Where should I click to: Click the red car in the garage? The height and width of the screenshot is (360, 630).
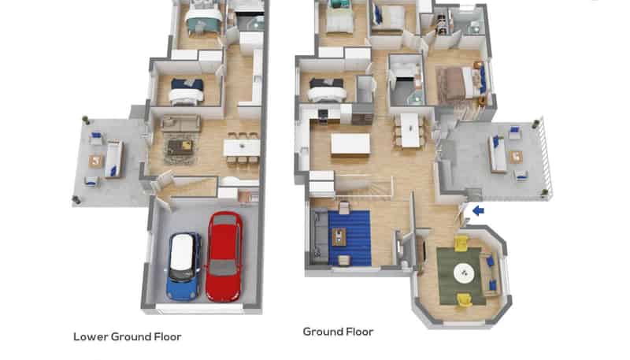[224, 256]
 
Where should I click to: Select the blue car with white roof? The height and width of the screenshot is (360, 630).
[184, 267]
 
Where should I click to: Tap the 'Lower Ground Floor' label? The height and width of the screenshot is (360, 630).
[128, 336]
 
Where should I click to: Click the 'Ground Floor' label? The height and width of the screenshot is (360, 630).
[339, 332]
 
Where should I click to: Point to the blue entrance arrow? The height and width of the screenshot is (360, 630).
[478, 210]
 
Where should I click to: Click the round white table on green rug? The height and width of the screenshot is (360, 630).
[464, 273]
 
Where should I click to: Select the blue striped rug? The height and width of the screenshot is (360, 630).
[349, 238]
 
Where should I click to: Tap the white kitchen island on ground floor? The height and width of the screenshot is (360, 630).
[350, 144]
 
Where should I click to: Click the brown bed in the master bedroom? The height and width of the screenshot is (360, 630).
[457, 84]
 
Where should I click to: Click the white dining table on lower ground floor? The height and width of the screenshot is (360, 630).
[242, 148]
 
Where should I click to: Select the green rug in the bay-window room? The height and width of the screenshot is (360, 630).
[461, 276]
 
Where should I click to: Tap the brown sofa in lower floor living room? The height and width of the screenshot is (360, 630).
[181, 123]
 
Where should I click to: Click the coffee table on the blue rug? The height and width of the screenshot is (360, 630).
[339, 236]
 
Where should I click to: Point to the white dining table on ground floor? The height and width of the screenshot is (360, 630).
[409, 130]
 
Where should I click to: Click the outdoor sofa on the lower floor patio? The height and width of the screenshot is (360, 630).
[113, 159]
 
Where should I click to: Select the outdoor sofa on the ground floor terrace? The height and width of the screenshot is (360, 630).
[497, 154]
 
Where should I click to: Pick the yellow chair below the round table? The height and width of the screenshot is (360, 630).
[465, 299]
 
